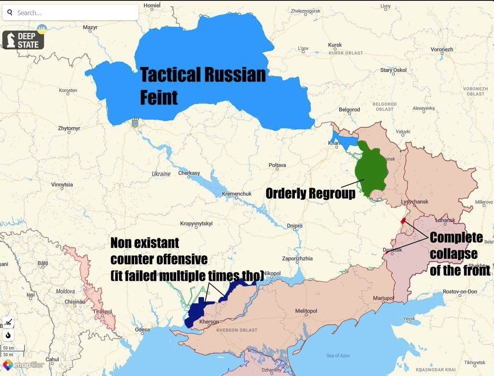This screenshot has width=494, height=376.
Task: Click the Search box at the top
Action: (x=70, y=13)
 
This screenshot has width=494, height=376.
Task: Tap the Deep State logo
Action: (x=23, y=40)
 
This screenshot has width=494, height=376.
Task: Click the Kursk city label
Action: (x=335, y=45)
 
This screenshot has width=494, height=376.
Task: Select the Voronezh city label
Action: (x=442, y=49)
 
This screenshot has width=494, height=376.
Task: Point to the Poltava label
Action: (x=277, y=165)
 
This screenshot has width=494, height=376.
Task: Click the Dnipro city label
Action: (x=295, y=226)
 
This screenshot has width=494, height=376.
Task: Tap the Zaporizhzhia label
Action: (x=297, y=259)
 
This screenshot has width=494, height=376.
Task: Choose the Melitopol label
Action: (x=306, y=311)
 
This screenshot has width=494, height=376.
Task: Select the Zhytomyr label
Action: (x=69, y=128)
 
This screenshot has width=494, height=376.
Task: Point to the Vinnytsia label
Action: (x=62, y=184)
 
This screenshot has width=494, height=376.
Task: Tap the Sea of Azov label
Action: (x=338, y=355)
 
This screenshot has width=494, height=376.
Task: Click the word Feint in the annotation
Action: (x=159, y=98)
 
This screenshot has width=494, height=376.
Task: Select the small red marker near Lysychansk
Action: (x=403, y=220)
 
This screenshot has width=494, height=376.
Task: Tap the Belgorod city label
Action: (x=349, y=110)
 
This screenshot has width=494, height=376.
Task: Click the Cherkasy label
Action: (x=189, y=173)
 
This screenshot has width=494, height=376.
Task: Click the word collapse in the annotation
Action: (x=454, y=254)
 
